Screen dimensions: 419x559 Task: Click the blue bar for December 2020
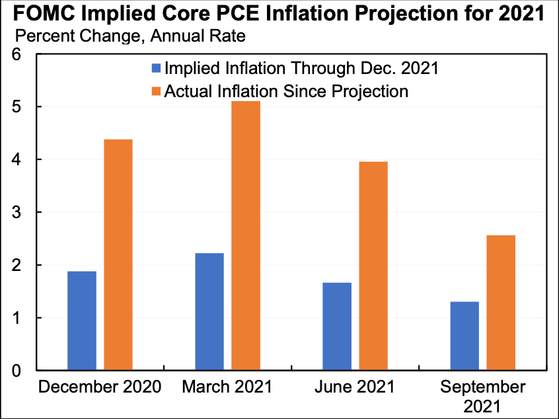click(82, 321)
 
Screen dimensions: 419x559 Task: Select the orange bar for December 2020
click(118, 254)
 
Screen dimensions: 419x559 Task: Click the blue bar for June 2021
click(337, 326)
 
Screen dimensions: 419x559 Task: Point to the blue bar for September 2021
click(465, 336)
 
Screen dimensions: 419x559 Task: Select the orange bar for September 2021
click(501, 303)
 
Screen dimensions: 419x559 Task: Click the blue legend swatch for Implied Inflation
click(156, 68)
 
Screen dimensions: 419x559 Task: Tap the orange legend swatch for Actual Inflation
click(156, 91)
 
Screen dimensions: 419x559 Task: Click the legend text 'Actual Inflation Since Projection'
click(285, 91)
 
